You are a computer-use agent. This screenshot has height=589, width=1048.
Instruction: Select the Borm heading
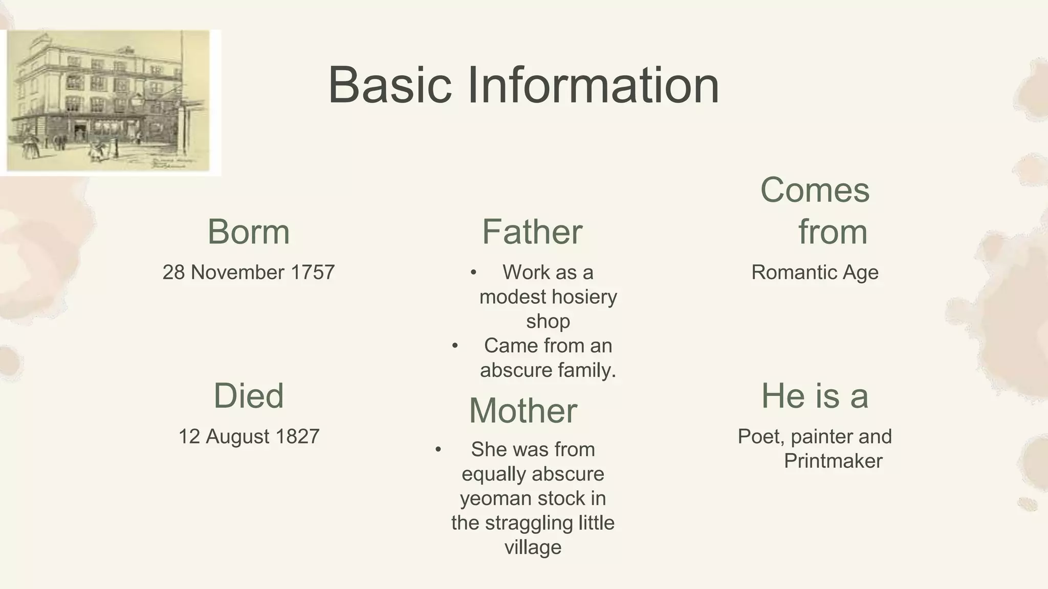(249, 232)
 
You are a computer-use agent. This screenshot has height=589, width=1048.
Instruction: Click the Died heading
(249, 396)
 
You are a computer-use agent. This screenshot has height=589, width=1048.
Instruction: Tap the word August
(237, 437)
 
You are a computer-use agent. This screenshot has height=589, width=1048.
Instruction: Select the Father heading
(532, 232)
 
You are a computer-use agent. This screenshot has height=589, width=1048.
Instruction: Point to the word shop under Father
(548, 322)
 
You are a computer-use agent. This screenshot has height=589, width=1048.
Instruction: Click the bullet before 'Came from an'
(455, 346)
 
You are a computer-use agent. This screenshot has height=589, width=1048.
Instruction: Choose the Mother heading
(523, 411)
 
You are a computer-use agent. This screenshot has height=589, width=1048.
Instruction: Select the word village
(533, 548)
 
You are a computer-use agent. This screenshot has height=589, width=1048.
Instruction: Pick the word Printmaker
(833, 461)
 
